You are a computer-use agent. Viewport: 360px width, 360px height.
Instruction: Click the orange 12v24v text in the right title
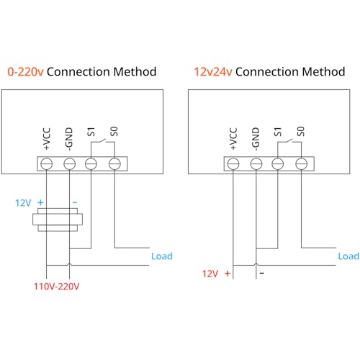click(x=213, y=72)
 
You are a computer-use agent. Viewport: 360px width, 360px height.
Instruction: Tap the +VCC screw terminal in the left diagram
click(x=45, y=164)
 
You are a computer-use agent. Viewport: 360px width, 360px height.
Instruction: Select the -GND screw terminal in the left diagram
click(x=68, y=164)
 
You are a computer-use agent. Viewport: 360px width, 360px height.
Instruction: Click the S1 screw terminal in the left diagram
click(x=91, y=164)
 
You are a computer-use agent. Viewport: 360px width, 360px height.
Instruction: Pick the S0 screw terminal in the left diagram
click(x=114, y=164)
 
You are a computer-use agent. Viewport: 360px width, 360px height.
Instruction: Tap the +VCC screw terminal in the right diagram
click(x=233, y=164)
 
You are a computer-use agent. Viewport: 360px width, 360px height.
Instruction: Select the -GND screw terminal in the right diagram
click(x=256, y=164)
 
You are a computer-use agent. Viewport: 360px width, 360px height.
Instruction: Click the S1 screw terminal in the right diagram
click(x=279, y=164)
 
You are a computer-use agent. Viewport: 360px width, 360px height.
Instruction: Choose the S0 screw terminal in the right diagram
click(x=302, y=164)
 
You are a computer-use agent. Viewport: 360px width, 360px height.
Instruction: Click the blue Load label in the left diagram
click(x=161, y=256)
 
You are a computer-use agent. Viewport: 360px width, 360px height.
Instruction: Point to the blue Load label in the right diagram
click(x=348, y=256)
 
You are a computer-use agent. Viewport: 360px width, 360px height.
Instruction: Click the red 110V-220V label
click(x=58, y=286)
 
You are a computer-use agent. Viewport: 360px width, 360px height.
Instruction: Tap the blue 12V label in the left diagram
click(x=23, y=204)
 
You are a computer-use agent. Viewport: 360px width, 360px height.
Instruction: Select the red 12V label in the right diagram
click(x=210, y=274)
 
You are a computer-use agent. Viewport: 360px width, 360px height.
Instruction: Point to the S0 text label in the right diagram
click(x=302, y=132)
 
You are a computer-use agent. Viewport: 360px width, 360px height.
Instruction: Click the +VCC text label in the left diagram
click(x=45, y=137)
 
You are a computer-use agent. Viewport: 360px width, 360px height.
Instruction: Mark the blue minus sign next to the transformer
click(x=74, y=204)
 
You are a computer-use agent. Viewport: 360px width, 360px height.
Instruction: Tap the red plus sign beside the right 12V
click(x=228, y=274)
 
